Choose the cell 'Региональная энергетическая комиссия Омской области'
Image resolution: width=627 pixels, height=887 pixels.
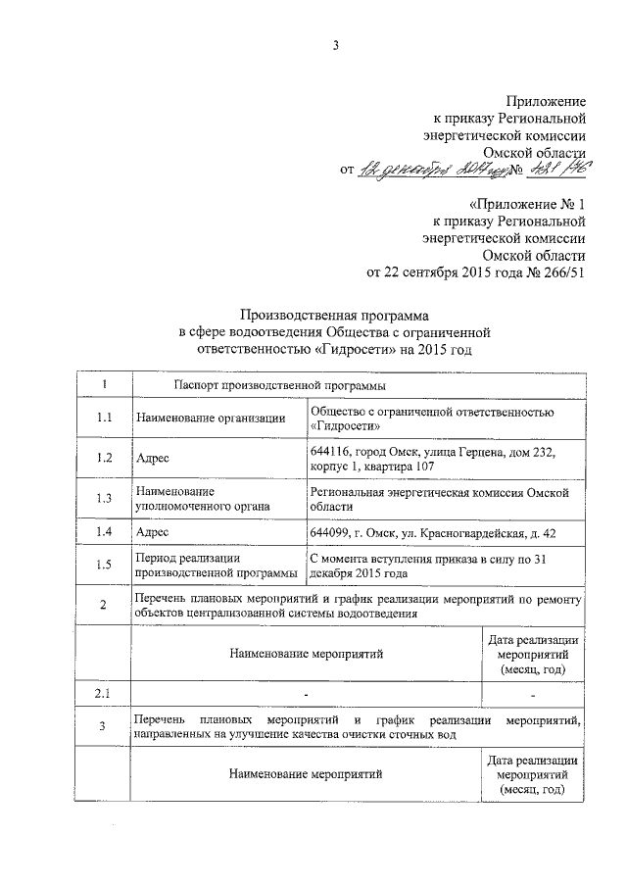coord(438,498)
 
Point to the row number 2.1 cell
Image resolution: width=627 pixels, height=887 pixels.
coord(103,694)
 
